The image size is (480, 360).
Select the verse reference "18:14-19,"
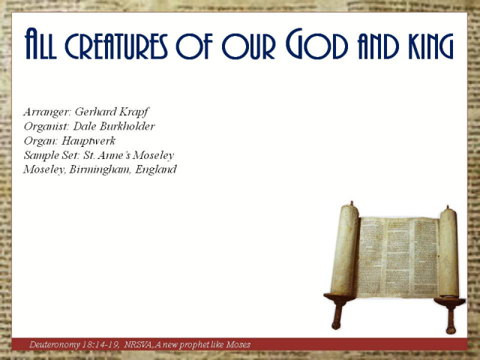pos(106,345)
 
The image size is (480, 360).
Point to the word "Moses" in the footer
pos(236,345)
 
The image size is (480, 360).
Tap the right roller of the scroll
pos(448,252)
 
